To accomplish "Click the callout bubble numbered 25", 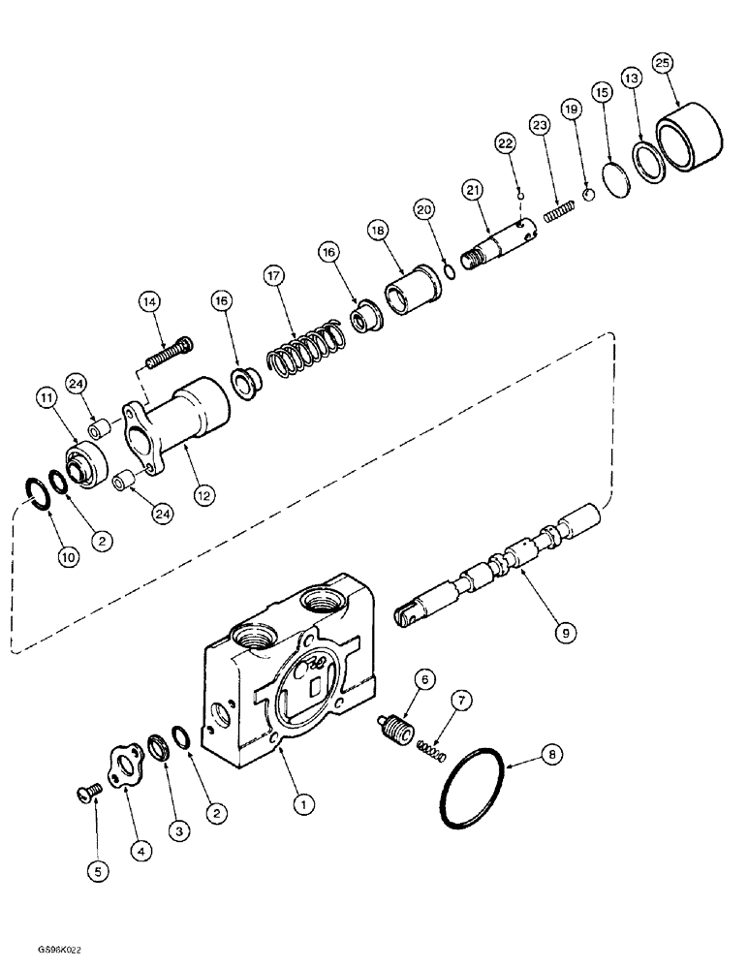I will pos(662,63).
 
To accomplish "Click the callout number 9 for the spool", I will pos(566,632).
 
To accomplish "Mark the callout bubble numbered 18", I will pos(376,230).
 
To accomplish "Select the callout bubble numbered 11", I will pos(47,395).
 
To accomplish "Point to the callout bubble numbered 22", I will pos(505,142).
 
